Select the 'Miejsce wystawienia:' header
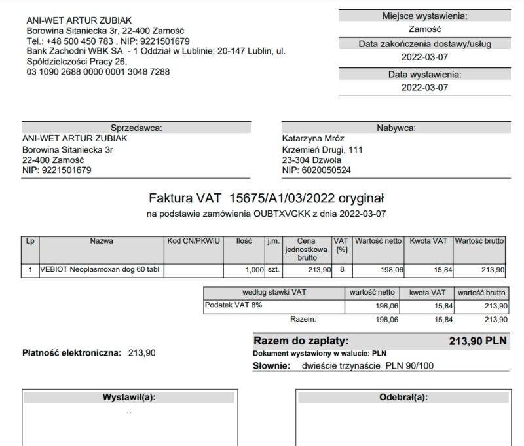[x=425, y=16]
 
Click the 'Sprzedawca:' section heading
[x=136, y=128]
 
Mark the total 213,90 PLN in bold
[x=477, y=341]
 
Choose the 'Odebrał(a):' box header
[x=403, y=397]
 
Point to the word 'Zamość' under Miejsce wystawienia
[x=424, y=29]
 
